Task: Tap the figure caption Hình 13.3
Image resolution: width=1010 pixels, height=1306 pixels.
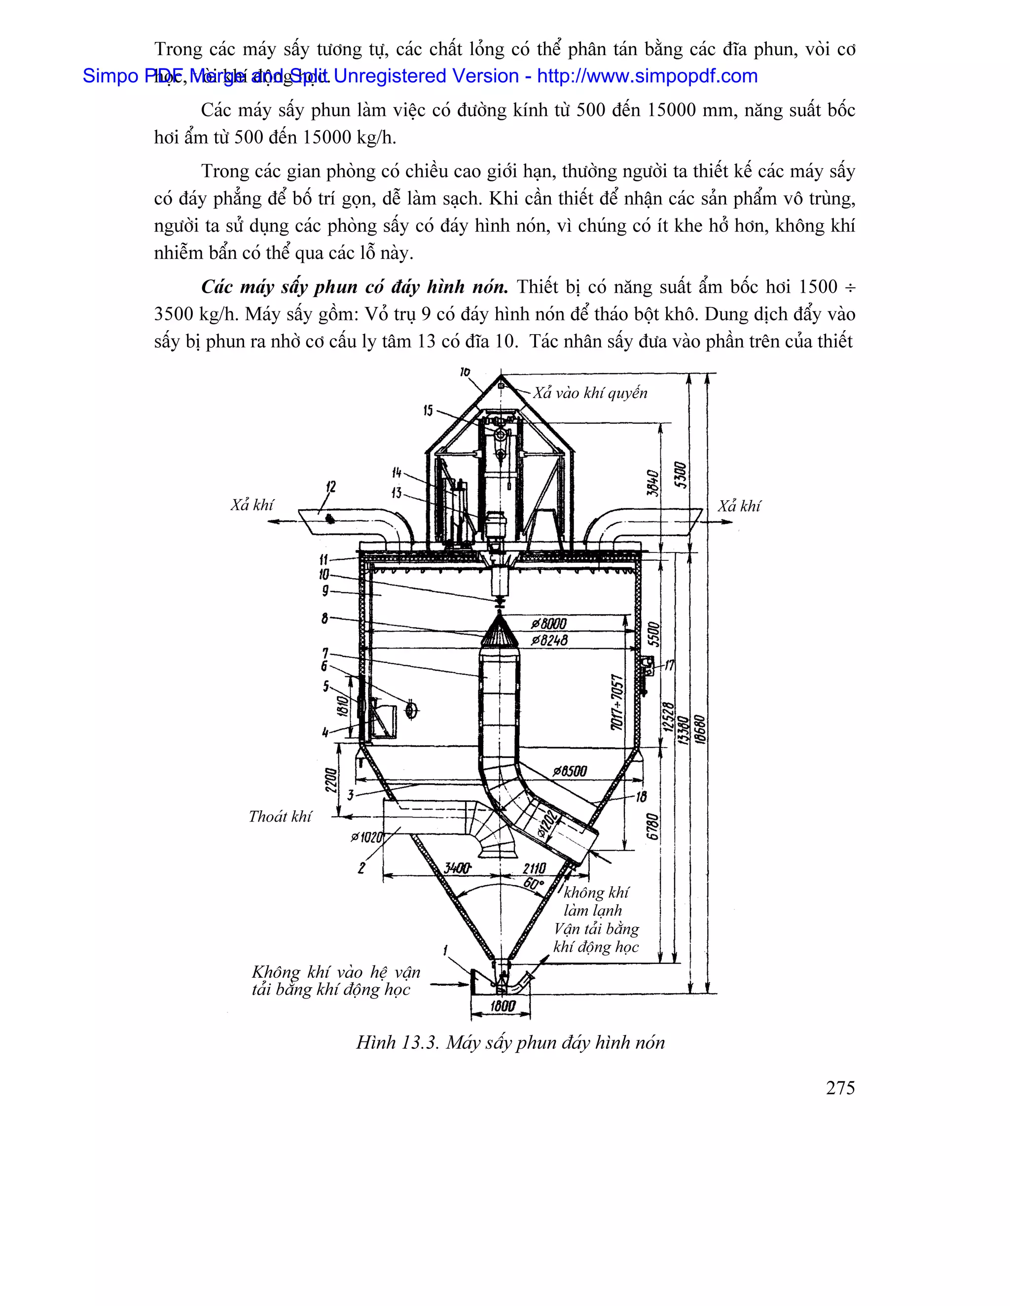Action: click(397, 1042)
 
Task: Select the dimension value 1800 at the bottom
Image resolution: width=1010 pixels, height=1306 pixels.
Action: click(503, 1006)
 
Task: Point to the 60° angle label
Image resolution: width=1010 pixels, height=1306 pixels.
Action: click(533, 884)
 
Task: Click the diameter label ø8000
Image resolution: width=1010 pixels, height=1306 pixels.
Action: click(549, 624)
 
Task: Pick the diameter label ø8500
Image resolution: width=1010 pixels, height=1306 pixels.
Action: click(569, 771)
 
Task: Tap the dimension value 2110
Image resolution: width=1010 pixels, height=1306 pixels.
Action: click(534, 868)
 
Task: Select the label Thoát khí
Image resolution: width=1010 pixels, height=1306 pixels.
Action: click(280, 817)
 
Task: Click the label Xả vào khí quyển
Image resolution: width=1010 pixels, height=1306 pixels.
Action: click(590, 393)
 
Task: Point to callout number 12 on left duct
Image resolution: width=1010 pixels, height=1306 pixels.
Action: click(331, 487)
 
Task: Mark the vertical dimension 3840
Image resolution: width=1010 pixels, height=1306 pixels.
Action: click(653, 482)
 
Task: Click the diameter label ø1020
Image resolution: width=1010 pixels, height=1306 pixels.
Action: click(367, 837)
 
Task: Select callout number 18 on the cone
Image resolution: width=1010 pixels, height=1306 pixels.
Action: click(642, 796)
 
